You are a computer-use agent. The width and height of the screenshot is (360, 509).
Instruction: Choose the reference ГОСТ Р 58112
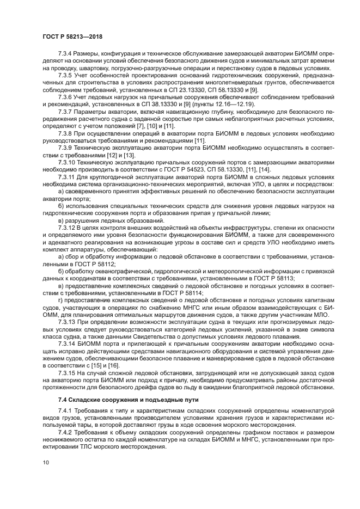pyautogui.click(x=78, y=263)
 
